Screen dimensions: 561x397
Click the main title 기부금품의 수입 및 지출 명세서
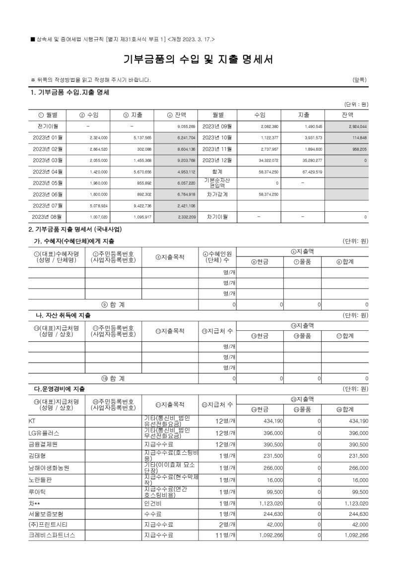point(198,60)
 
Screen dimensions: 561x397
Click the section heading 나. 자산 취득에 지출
point(62,315)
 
